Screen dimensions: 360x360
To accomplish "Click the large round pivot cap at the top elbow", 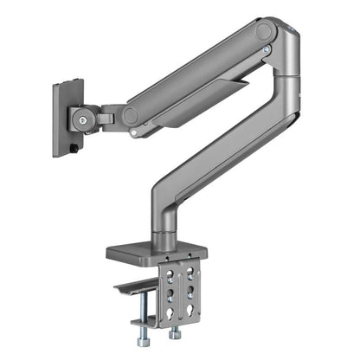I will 264,34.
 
